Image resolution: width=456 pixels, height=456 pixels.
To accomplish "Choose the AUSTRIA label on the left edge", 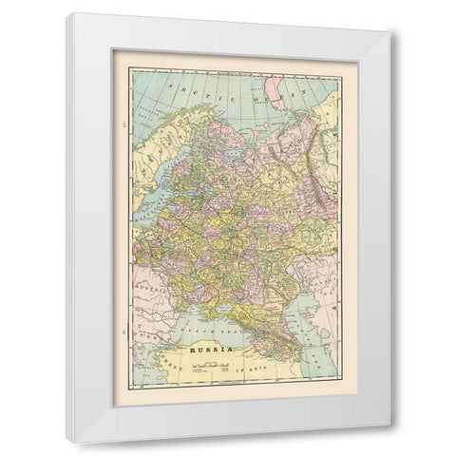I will click(125, 282).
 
